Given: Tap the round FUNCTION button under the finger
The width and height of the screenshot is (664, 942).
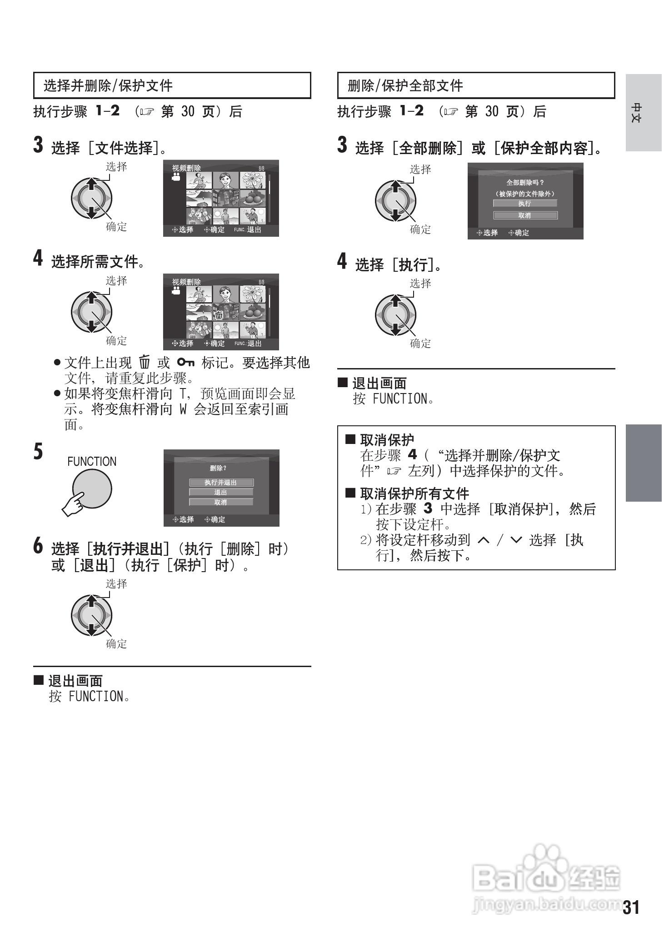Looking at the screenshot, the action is [92, 489].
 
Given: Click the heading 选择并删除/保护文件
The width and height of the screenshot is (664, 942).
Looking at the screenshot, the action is [108, 85].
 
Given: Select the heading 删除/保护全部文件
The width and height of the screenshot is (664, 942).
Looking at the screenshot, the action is [405, 85].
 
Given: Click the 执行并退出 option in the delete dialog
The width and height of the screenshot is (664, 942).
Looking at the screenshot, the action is [221, 482].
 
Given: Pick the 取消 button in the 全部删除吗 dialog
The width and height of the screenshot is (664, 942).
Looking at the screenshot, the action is [525, 215].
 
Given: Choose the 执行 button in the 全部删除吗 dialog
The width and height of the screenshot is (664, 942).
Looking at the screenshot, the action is [525, 204].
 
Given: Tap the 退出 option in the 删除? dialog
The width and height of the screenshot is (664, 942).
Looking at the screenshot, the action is [221, 492].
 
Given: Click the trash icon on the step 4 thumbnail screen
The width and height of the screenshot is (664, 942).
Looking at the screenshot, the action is [219, 314].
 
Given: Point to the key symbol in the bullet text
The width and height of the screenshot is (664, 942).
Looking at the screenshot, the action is [186, 362].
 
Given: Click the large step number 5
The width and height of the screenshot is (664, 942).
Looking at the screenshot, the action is [39, 451].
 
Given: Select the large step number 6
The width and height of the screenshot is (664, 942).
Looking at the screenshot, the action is [39, 545].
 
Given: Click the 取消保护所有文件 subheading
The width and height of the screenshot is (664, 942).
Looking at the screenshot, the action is [414, 493].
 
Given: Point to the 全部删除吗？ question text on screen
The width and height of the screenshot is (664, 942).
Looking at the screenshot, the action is [525, 183].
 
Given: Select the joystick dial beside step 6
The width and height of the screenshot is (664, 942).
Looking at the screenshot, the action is [92, 616].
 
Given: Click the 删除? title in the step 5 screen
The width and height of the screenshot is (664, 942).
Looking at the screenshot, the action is [218, 468].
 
